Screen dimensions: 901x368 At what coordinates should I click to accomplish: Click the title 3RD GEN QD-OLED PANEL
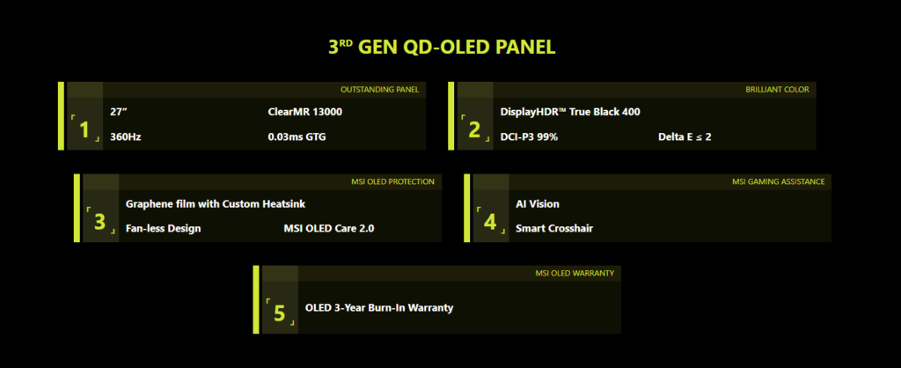(442, 48)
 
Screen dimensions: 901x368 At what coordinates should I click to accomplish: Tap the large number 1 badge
(85, 130)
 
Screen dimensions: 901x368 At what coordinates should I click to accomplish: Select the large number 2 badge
(474, 130)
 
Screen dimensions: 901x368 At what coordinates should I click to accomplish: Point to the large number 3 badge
(100, 222)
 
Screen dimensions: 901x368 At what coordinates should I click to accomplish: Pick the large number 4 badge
(489, 222)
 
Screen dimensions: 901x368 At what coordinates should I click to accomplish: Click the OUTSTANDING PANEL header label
(380, 90)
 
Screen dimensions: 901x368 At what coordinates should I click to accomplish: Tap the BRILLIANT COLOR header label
(778, 90)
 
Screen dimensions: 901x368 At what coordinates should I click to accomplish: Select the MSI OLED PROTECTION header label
(393, 181)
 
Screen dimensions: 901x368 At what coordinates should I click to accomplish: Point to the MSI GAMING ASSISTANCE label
(778, 181)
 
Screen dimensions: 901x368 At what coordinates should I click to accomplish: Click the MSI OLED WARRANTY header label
(575, 273)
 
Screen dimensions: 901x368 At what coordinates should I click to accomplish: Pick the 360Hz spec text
(125, 136)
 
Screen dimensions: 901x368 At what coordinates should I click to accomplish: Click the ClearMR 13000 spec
(305, 112)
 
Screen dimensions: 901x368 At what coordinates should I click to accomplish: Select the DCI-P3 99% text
(529, 136)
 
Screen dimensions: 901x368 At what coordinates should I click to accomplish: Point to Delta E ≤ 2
(685, 136)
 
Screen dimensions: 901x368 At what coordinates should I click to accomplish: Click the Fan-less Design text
(163, 228)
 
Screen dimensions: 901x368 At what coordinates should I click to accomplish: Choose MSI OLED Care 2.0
(329, 228)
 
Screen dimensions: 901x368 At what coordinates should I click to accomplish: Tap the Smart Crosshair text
(554, 228)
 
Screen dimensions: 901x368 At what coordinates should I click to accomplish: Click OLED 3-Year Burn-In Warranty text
(379, 307)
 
